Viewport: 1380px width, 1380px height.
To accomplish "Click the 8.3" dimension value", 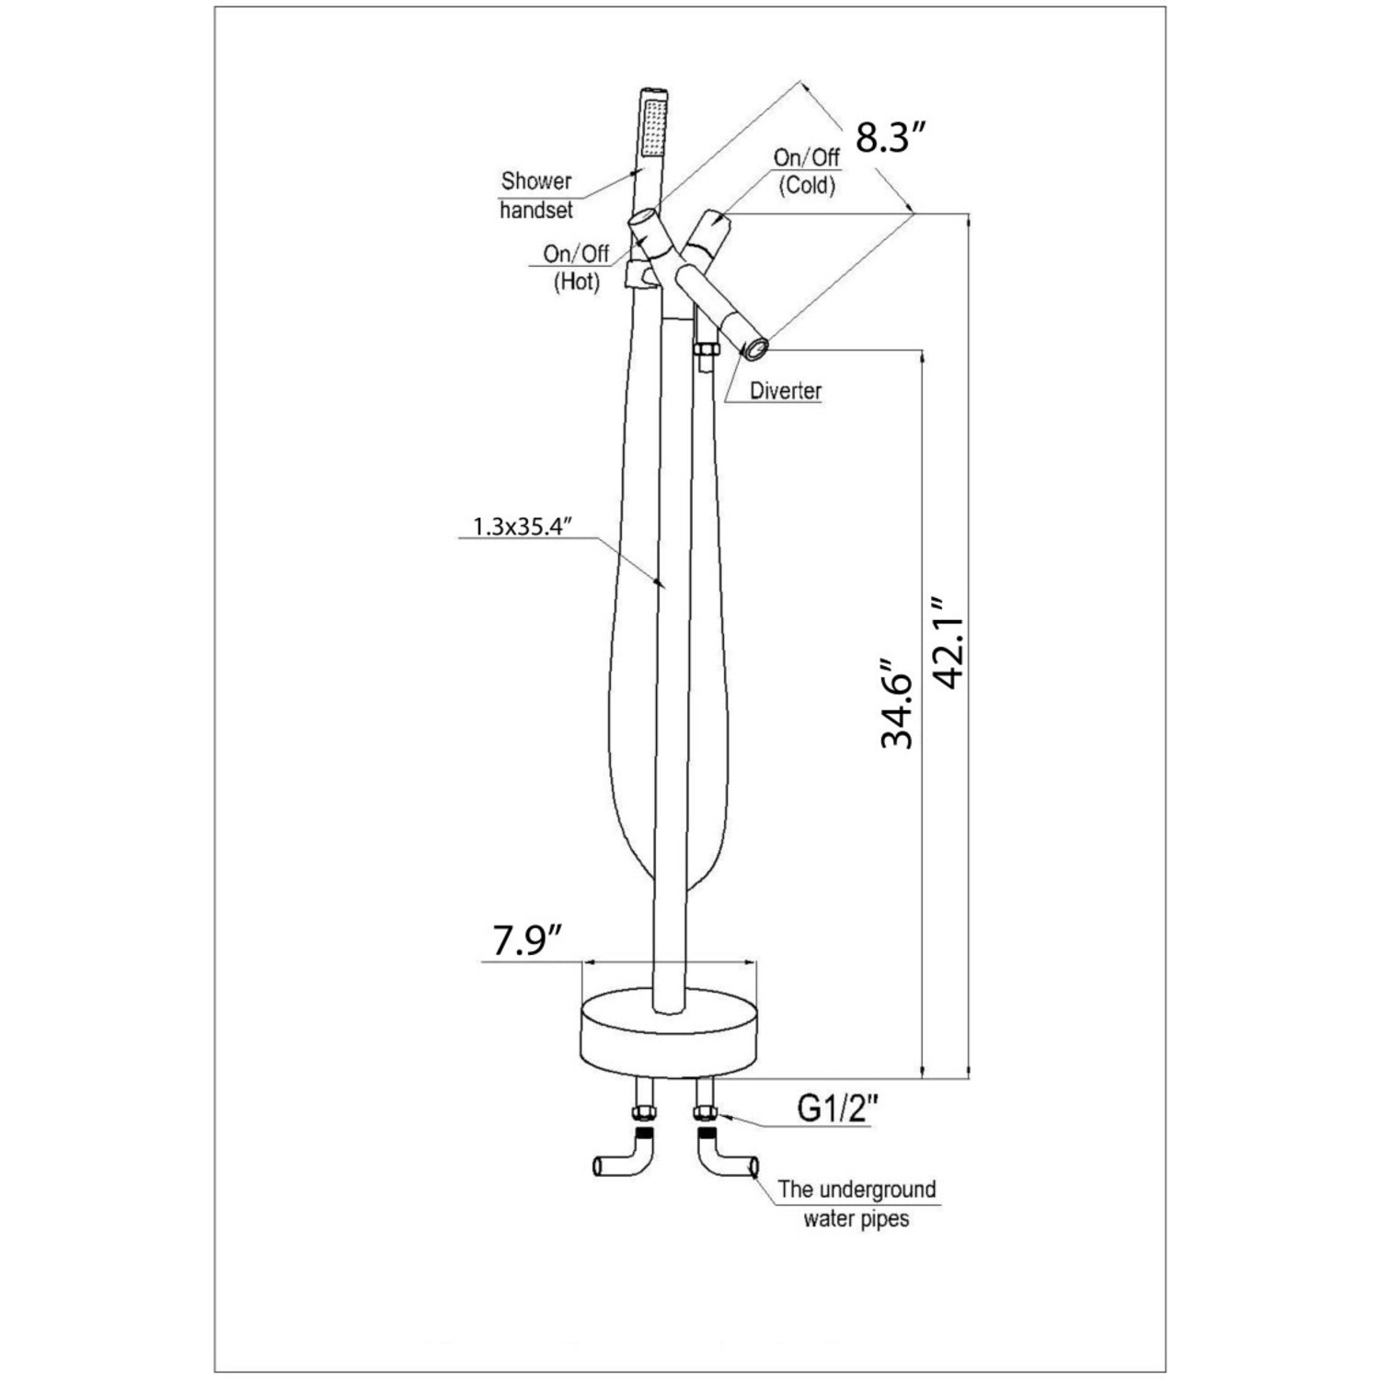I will (889, 138).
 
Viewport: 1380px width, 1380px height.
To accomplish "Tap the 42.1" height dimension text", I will (947, 641).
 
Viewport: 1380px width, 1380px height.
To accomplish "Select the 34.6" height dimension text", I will (898, 703).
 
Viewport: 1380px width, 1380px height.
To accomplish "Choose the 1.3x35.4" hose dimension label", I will (523, 526).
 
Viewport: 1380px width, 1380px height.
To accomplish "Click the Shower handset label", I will (536, 195).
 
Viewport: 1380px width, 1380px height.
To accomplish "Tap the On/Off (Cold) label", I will (807, 171).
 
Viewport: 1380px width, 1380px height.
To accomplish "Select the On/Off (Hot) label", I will (577, 267).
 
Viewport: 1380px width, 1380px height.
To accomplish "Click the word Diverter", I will (785, 391).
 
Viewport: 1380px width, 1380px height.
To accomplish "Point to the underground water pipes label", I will (856, 1203).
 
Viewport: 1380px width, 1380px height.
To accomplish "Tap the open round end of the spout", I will (756, 348).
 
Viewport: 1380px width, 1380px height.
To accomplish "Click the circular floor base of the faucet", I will (669, 1035).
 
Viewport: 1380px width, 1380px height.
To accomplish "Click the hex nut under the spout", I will (706, 352).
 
